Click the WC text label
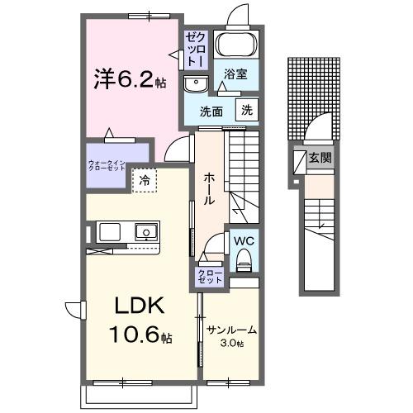tap(243, 241)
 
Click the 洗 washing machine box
tap(248, 110)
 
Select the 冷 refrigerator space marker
tap(145, 179)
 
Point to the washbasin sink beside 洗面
tap(197, 83)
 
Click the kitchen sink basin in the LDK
tap(145, 231)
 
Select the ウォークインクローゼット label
tap(107, 162)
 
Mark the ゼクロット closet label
tap(196, 49)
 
